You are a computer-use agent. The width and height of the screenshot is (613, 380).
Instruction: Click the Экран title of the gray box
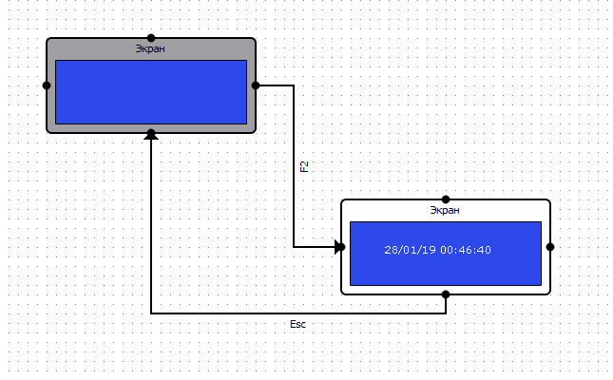(151, 48)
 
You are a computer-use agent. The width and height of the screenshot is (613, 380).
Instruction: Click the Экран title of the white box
(445, 210)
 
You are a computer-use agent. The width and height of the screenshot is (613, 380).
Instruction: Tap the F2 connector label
(304, 166)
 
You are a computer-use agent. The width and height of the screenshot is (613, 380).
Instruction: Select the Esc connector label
(297, 325)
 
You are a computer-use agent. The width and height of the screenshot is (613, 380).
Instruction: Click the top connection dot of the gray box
(151, 38)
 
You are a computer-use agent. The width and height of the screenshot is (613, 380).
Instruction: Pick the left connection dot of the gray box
(47, 85)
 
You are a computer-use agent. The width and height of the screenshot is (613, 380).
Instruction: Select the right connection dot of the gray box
(256, 85)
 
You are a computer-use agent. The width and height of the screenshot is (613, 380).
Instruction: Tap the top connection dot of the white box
(445, 199)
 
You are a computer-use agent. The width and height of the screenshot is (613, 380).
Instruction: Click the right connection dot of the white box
(550, 247)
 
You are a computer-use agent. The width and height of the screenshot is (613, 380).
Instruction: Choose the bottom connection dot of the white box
(445, 294)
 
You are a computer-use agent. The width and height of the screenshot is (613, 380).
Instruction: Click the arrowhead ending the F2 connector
(339, 247)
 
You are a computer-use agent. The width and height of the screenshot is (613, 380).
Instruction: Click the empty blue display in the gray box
(151, 91)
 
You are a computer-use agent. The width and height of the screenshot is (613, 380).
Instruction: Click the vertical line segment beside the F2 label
(294, 166)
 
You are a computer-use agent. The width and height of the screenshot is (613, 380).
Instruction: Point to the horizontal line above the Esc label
(297, 313)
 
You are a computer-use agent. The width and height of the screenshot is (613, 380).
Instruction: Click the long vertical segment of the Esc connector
(151, 228)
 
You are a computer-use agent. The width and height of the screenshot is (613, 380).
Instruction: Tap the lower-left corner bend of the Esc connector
(151, 313)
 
